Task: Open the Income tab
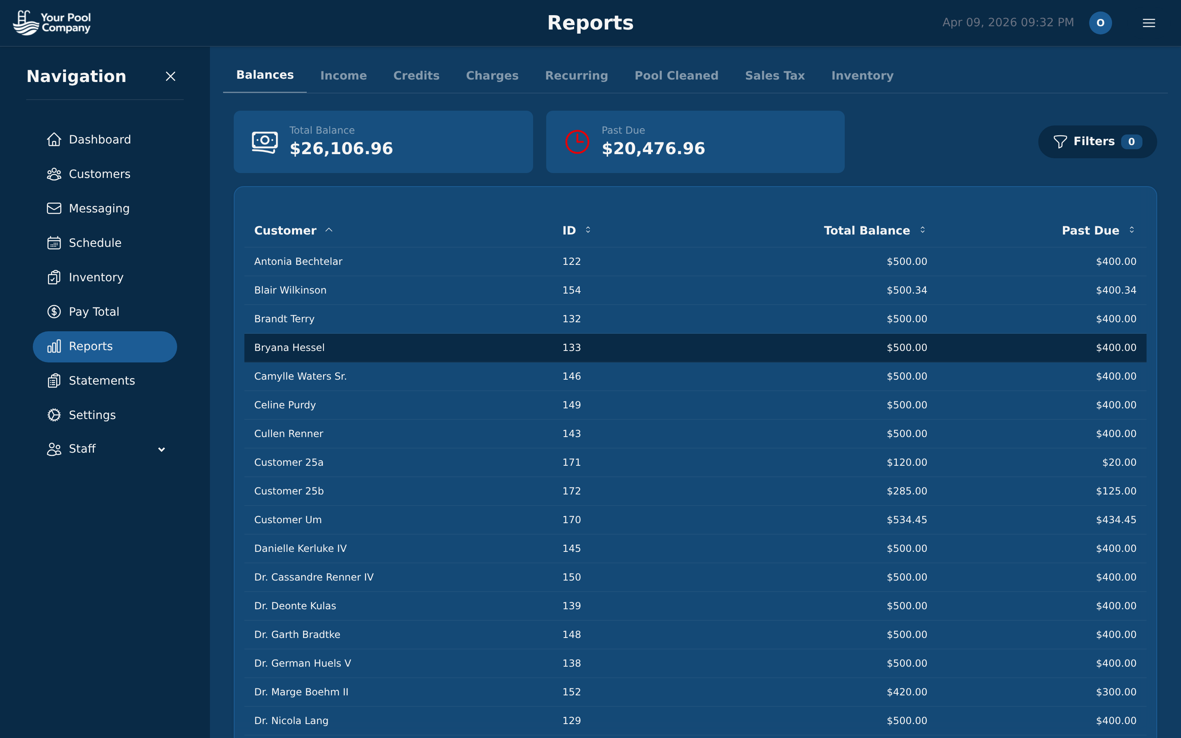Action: [x=343, y=76]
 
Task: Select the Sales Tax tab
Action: [x=775, y=76]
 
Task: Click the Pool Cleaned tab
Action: [x=676, y=76]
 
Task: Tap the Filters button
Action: [x=1097, y=141]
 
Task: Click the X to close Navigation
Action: [x=170, y=77]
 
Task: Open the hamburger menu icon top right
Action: [x=1148, y=23]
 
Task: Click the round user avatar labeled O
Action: [x=1100, y=23]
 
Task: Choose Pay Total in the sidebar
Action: [x=93, y=312]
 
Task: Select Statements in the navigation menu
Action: [x=102, y=381]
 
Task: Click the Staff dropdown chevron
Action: [x=162, y=449]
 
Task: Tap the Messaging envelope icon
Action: [x=54, y=208]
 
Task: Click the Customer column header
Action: [x=285, y=230]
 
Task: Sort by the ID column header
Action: [x=569, y=230]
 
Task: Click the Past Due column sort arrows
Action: [x=1131, y=230]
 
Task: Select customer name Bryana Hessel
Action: [x=289, y=348]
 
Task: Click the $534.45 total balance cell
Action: [x=906, y=520]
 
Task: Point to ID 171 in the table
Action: [x=571, y=462]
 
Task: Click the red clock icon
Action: [x=577, y=142]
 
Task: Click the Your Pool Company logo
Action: [x=52, y=23]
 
